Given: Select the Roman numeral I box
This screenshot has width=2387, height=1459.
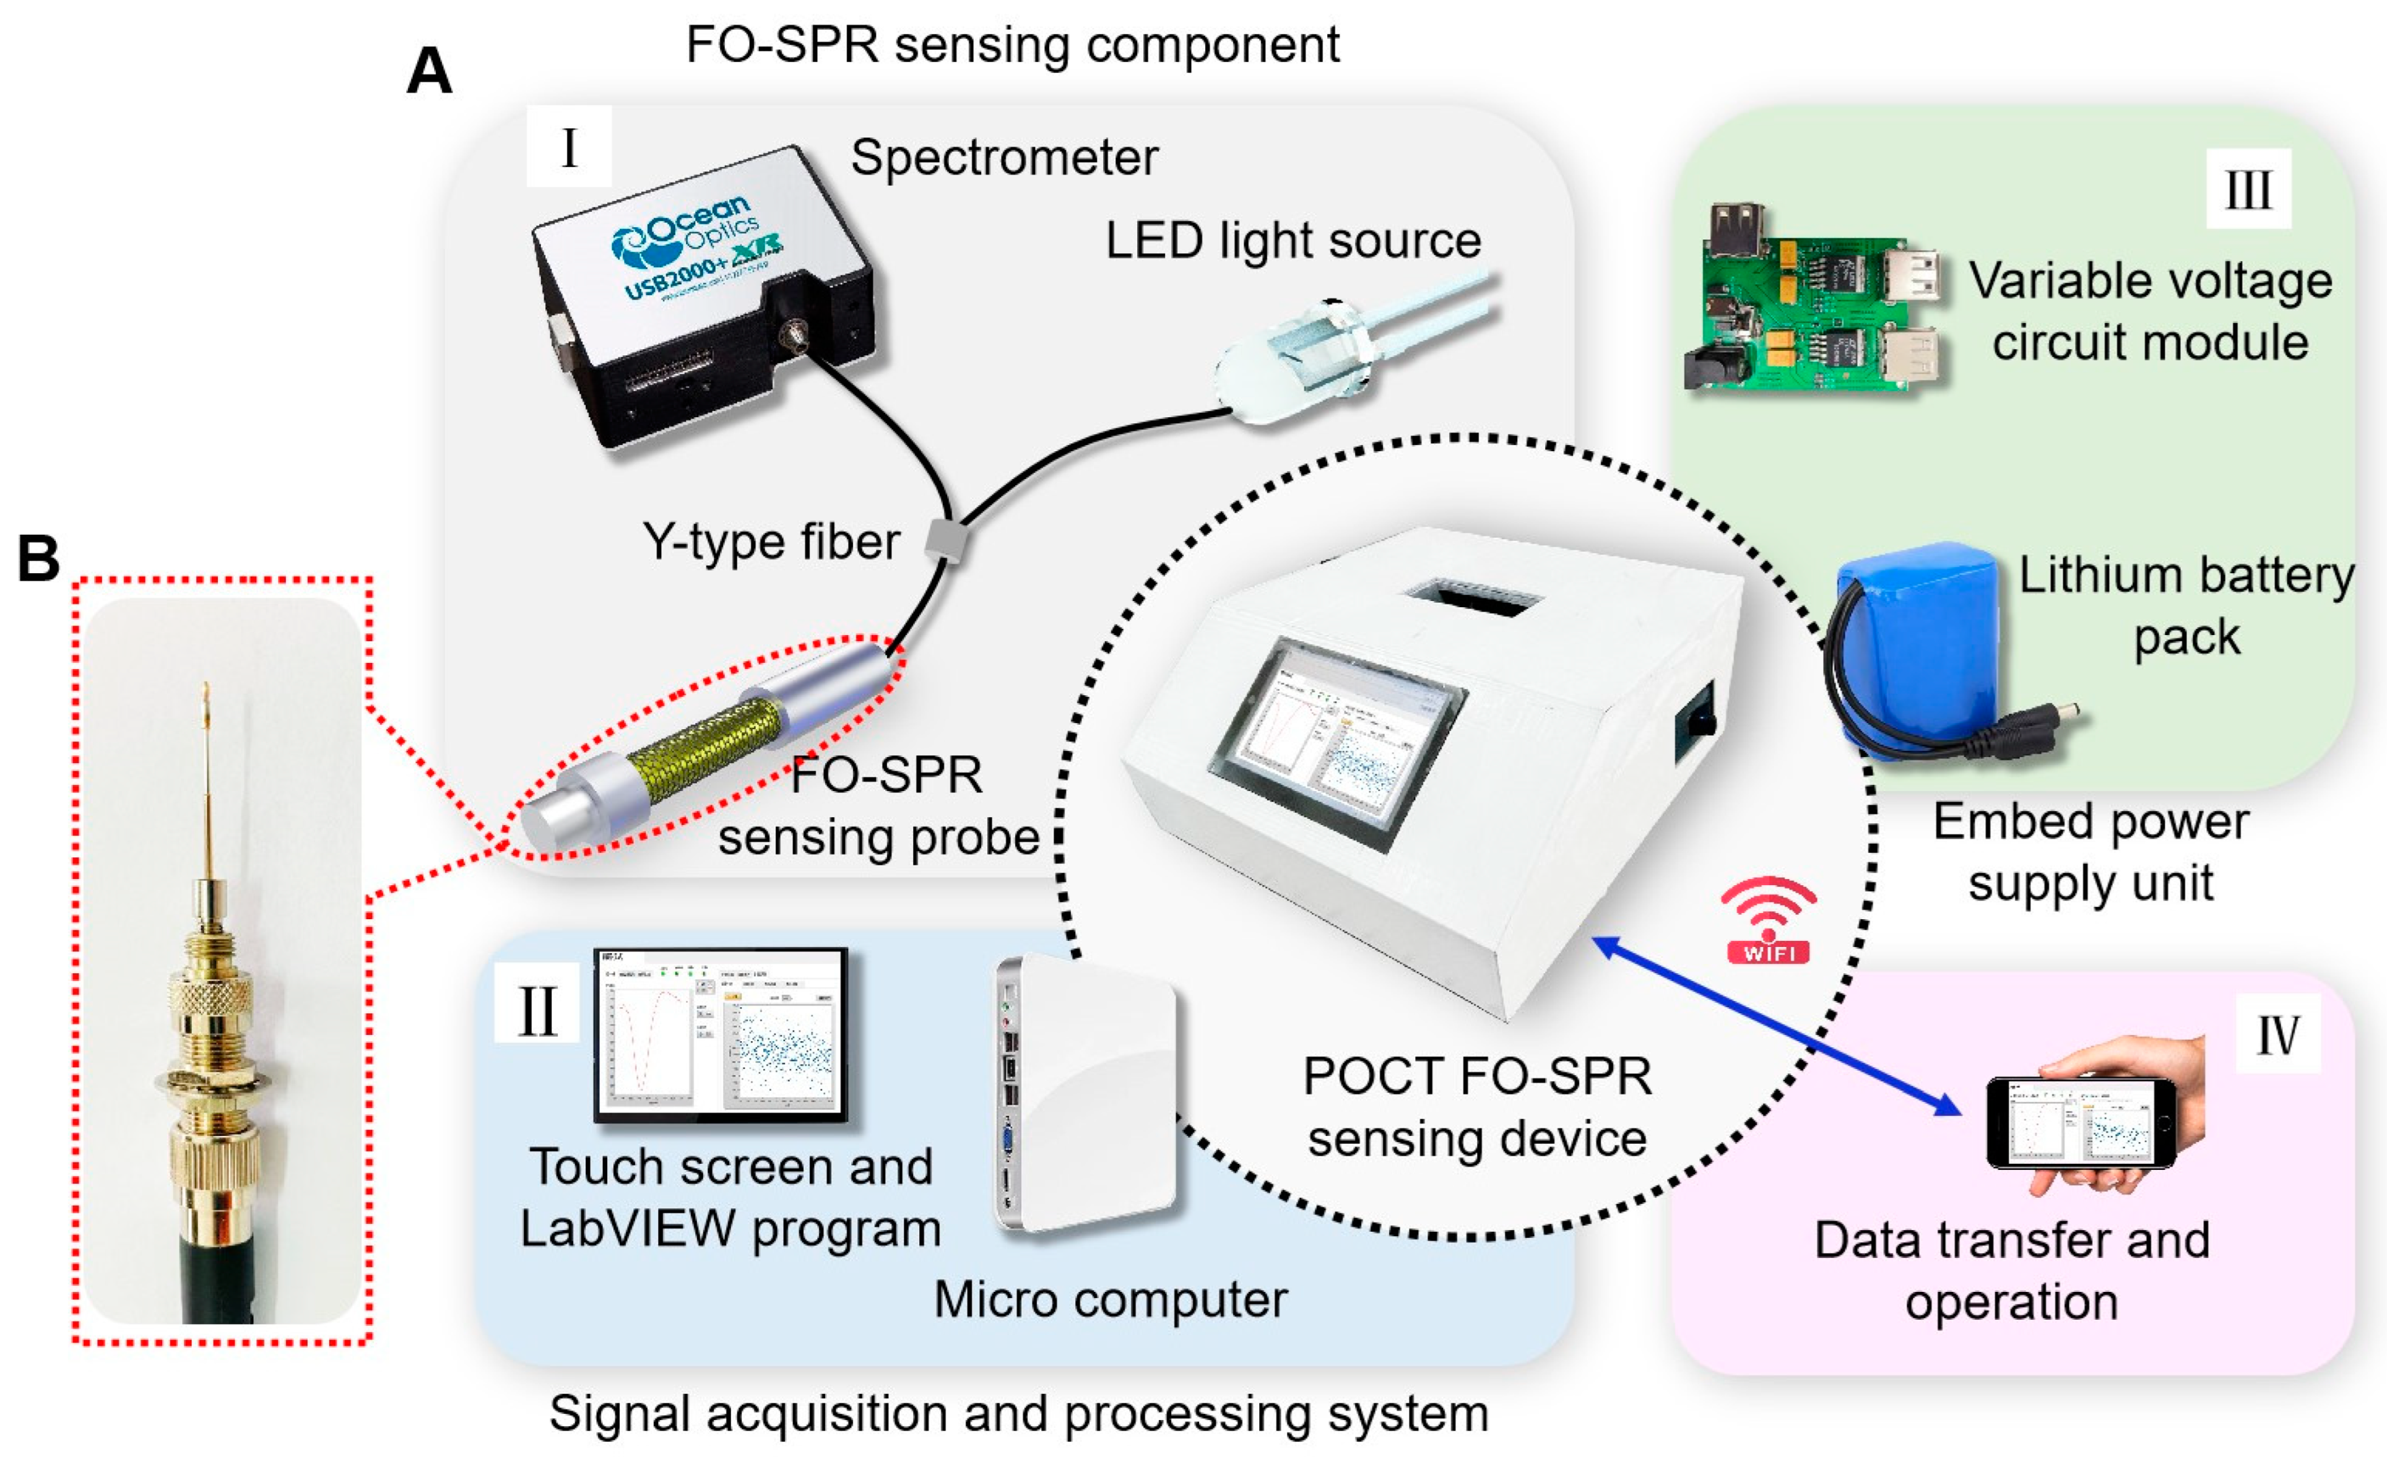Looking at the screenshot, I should (x=569, y=147).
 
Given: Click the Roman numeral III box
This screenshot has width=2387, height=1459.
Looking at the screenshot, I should (x=2248, y=189).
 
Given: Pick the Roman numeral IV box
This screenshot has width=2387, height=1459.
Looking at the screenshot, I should (x=2277, y=1034).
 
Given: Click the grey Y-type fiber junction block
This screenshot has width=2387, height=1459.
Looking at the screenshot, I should (x=947, y=540).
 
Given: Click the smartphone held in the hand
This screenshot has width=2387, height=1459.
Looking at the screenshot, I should (x=2081, y=1123).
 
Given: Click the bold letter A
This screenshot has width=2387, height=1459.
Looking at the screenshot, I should (x=429, y=71).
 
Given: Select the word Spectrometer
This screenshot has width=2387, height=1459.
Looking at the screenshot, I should (x=1003, y=157).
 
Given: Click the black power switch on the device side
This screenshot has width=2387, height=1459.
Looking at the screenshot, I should (x=1697, y=722).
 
